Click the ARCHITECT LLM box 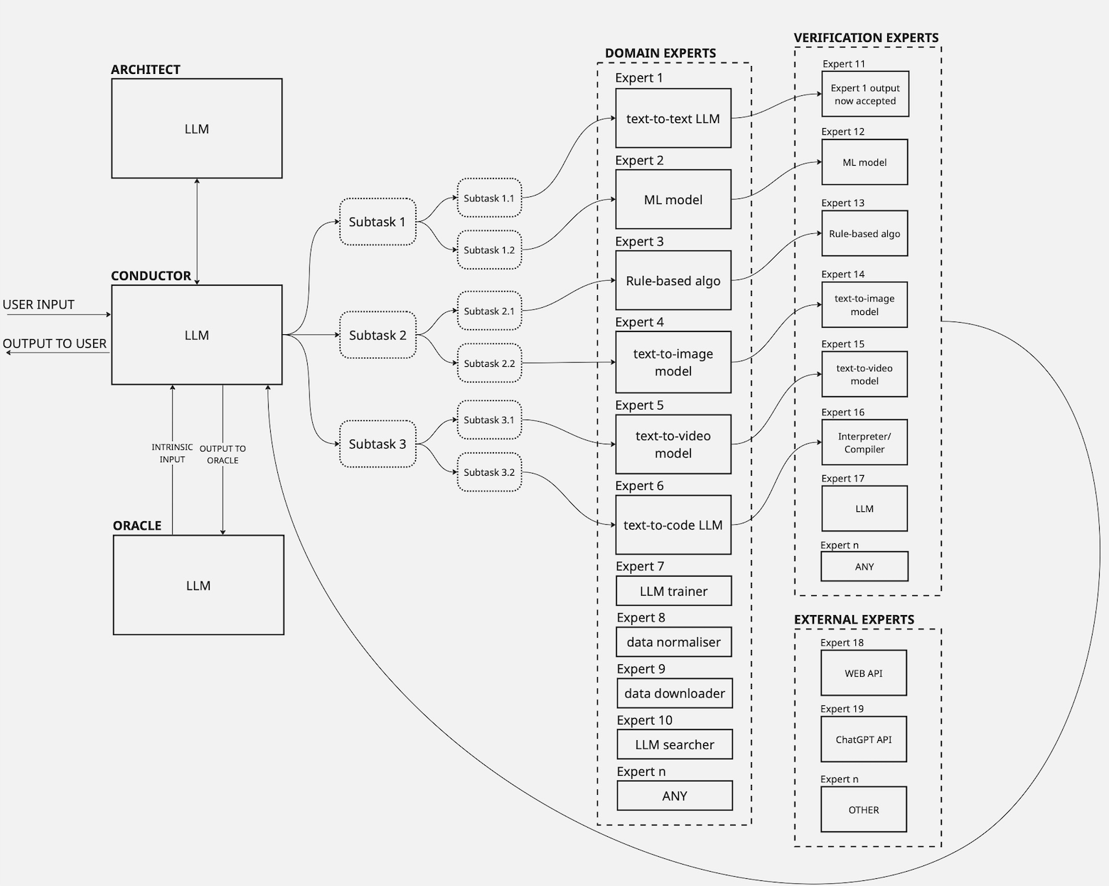click(x=197, y=129)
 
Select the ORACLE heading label click(x=137, y=525)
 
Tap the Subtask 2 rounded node click(x=377, y=335)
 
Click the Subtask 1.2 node click(x=489, y=250)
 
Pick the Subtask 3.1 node click(x=489, y=420)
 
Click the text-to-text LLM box click(x=673, y=119)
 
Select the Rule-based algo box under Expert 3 click(x=673, y=281)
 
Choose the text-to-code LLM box click(x=673, y=525)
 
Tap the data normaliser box click(x=674, y=642)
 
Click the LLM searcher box click(x=675, y=744)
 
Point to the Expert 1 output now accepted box click(x=865, y=95)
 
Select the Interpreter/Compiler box click(x=864, y=443)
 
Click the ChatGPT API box click(x=864, y=740)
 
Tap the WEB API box click(x=864, y=673)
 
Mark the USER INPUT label click(x=38, y=304)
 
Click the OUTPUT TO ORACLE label click(x=223, y=454)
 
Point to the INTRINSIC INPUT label click(x=172, y=453)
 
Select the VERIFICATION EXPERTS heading click(x=866, y=38)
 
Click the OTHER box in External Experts click(x=864, y=810)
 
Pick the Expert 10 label click(x=645, y=720)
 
